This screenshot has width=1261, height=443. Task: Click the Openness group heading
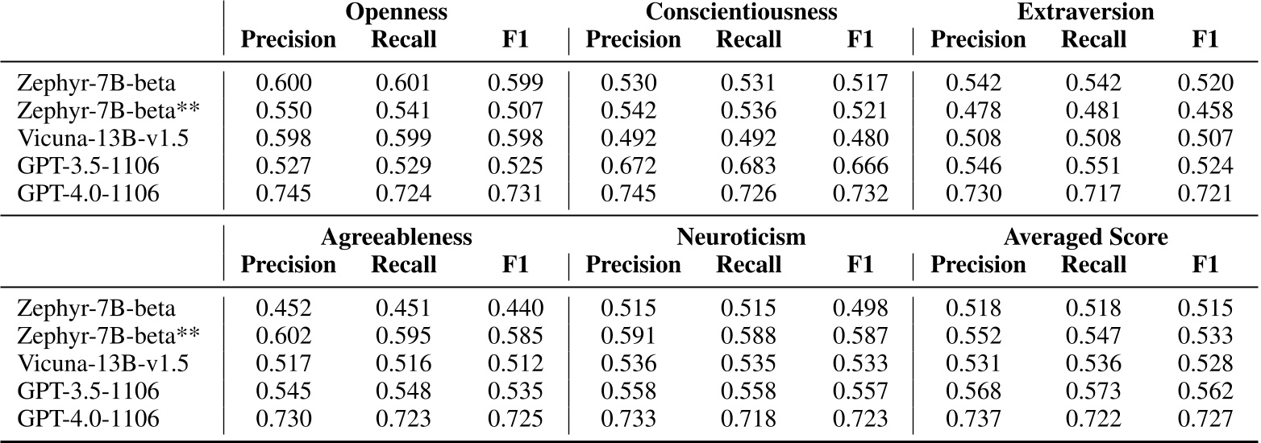(397, 13)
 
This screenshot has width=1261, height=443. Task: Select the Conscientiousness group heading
(741, 13)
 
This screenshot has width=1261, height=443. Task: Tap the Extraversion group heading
(1084, 13)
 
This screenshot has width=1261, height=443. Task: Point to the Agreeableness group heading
(396, 238)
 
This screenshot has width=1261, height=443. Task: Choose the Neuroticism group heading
(741, 238)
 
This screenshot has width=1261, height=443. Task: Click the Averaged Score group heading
(1085, 238)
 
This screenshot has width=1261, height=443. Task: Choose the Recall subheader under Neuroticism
(748, 264)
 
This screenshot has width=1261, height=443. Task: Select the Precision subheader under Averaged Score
(978, 264)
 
